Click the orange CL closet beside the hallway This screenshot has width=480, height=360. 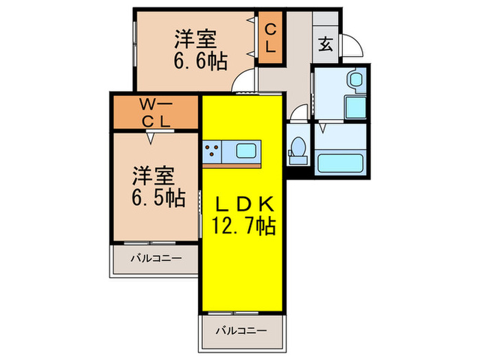tap(269, 39)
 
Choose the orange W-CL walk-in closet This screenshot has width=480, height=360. tap(157, 113)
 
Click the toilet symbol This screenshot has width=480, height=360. tap(298, 149)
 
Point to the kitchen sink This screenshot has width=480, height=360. tap(245, 149)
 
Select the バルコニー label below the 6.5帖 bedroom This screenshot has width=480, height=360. tap(156, 259)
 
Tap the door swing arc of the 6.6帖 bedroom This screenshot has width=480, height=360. tap(241, 86)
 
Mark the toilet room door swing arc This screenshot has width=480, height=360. tap(298, 112)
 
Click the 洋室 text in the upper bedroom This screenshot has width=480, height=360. tap(199, 36)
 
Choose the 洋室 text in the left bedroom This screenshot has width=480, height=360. tap(157, 175)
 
